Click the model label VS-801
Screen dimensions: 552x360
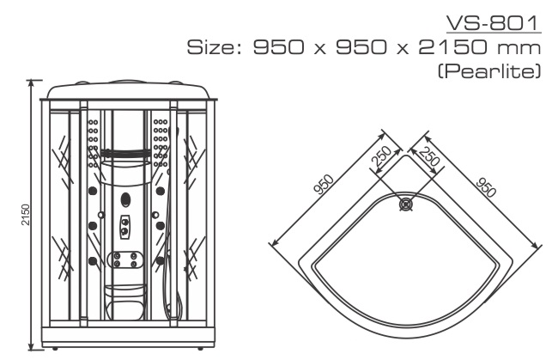coord(493,22)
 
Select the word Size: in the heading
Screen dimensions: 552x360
coord(214,47)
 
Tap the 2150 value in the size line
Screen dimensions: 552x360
coord(454,47)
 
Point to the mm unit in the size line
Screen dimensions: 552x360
coord(519,49)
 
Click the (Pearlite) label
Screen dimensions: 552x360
coord(489,71)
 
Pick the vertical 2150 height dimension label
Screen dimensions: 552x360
coord(26,214)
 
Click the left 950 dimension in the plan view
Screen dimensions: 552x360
coord(324,185)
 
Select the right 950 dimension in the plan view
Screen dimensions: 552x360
coord(486,187)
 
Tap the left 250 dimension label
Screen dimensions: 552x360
coord(381,156)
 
